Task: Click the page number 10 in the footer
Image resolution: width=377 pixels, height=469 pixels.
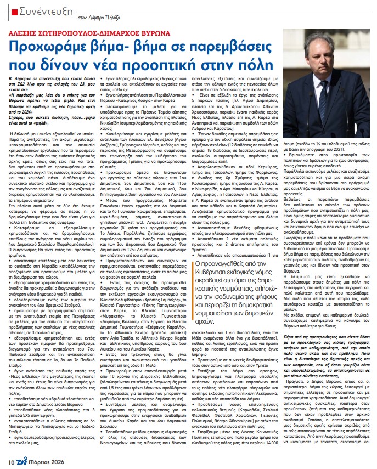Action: pyautogui.click(x=12, y=462)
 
